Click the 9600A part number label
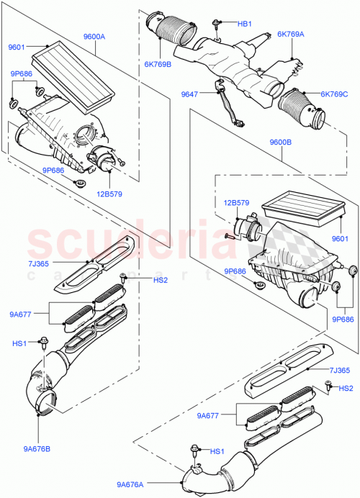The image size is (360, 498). (94, 36)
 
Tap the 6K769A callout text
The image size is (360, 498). (292, 34)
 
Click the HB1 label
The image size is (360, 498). (245, 24)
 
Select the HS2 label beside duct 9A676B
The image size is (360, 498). (140, 279)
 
